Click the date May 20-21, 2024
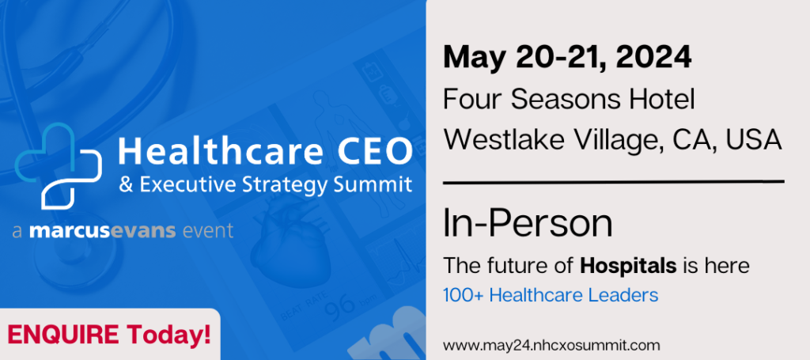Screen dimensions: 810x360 tap(567, 57)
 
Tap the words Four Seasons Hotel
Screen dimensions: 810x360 tap(569, 99)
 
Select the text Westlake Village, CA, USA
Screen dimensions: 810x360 tap(612, 139)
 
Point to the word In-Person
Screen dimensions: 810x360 tap(528, 224)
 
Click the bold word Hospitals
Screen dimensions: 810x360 tap(628, 267)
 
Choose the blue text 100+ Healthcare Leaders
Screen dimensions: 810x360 tap(551, 295)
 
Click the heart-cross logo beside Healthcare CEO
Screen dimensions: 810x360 tap(58, 165)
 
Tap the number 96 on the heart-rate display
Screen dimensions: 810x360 tap(340, 306)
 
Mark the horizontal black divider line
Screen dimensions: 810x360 tap(614, 182)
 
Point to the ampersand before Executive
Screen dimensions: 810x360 tap(126, 185)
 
